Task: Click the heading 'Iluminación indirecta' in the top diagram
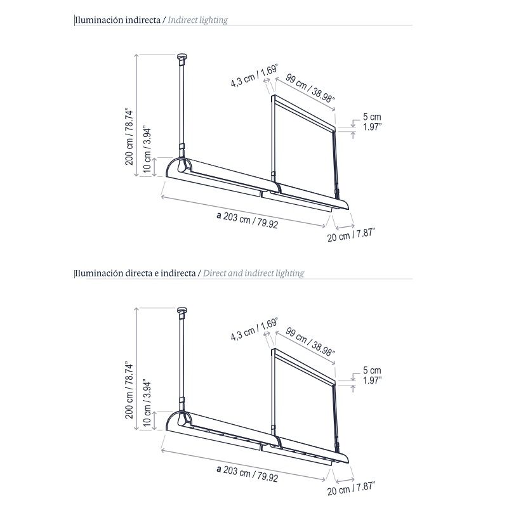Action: (118, 20)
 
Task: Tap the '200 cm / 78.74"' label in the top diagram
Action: (129, 136)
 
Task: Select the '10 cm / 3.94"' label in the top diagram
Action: (147, 150)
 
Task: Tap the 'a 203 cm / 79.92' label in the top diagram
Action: (248, 219)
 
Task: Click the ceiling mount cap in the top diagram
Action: (183, 58)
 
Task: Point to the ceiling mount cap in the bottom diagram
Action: (183, 311)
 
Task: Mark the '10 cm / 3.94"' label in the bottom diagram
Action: (147, 403)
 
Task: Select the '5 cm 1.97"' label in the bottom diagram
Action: (373, 375)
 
